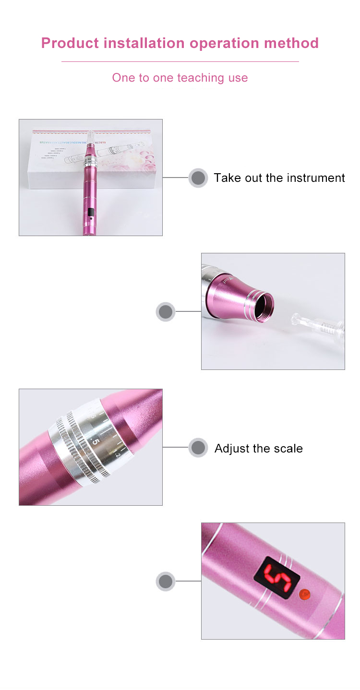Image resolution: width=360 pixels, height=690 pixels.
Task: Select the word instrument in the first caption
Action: click(x=315, y=178)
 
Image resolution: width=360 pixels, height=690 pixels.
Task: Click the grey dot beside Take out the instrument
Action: click(x=198, y=178)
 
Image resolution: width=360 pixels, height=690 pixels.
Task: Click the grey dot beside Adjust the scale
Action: click(x=198, y=448)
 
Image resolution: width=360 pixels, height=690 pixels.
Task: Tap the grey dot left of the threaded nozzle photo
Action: click(x=165, y=311)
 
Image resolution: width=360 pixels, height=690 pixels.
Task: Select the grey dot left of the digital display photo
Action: click(x=165, y=581)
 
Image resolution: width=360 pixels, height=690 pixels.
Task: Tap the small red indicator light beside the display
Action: click(x=304, y=595)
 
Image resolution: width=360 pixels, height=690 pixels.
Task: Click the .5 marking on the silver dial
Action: click(x=96, y=441)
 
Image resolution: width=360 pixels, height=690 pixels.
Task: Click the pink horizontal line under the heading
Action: click(x=180, y=61)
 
